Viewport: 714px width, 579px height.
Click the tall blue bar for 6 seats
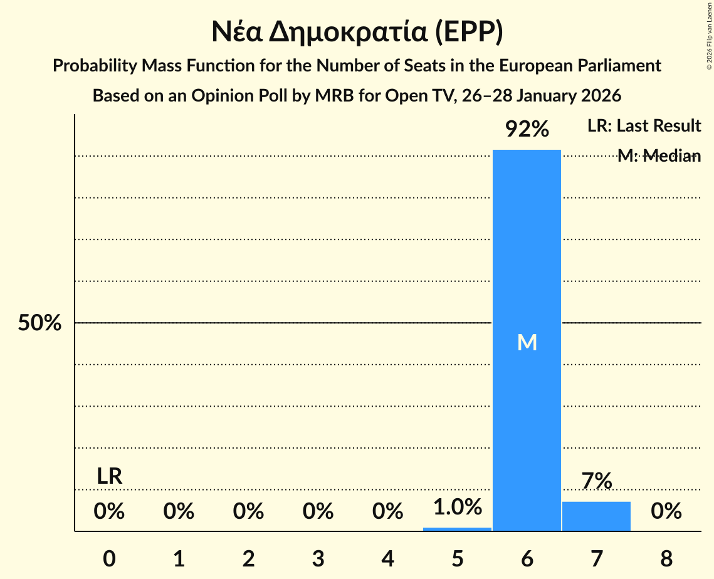[527, 251]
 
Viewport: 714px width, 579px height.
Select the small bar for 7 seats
[596, 516]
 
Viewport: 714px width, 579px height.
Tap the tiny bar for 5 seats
[457, 529]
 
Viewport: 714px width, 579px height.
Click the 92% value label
[527, 130]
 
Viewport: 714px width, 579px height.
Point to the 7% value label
[596, 481]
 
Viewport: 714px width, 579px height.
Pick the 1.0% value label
[457, 507]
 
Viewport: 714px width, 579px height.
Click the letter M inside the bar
[527, 342]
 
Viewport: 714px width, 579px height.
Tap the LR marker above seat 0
[109, 476]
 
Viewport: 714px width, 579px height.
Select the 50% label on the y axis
[39, 323]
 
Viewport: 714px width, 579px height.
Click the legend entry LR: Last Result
[644, 126]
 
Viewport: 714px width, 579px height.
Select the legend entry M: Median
[658, 156]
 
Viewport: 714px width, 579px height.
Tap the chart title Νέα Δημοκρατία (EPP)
[357, 33]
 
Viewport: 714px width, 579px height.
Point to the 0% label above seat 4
[387, 512]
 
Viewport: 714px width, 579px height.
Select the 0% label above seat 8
[666, 512]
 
